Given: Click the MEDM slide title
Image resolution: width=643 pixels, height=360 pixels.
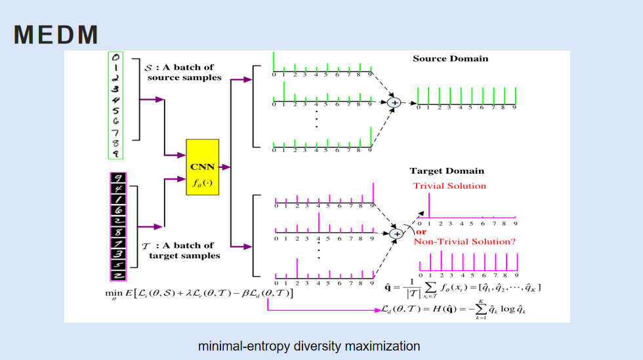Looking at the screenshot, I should [x=56, y=35].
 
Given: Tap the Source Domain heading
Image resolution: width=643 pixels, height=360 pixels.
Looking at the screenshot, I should [x=450, y=58].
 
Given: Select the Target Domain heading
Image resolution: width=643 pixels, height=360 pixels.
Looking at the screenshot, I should [x=447, y=171].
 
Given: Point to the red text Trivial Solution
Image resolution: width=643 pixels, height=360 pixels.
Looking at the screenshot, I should [x=449, y=186].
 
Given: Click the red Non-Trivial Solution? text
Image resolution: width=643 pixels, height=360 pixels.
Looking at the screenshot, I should [x=465, y=241].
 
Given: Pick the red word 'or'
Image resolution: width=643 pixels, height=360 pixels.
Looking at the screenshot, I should [x=421, y=231].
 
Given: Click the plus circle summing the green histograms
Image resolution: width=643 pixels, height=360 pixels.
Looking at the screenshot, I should [x=394, y=102].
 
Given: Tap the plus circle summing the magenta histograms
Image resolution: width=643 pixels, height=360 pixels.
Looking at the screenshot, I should [x=395, y=233].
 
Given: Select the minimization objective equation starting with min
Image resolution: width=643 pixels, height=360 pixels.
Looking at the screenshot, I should [x=199, y=292].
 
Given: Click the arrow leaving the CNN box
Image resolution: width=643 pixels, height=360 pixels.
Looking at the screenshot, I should [x=225, y=167].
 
